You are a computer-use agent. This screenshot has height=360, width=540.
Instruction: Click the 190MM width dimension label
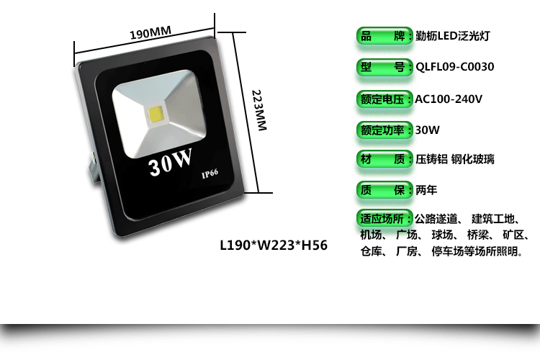[x=150, y=33]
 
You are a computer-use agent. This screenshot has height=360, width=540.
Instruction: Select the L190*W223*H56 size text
[x=273, y=245]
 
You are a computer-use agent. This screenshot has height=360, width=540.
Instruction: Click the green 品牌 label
[x=385, y=36]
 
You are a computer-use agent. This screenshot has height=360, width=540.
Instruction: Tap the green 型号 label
[x=385, y=68]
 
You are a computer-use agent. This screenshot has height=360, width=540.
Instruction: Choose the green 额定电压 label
[x=385, y=99]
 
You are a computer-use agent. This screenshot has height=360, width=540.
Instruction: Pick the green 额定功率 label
[x=385, y=130]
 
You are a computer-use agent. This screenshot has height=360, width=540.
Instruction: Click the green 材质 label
[x=385, y=160]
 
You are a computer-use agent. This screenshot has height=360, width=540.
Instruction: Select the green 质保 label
[x=385, y=191]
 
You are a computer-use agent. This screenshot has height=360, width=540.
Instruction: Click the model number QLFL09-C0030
[x=455, y=68]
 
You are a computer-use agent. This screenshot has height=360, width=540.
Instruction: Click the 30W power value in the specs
[x=428, y=130]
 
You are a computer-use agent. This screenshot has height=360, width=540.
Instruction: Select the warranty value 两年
[x=426, y=191]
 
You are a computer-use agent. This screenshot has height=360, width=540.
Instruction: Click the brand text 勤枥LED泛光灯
[x=454, y=36]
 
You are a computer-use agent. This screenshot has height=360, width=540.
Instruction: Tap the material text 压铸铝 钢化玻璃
[x=455, y=160]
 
